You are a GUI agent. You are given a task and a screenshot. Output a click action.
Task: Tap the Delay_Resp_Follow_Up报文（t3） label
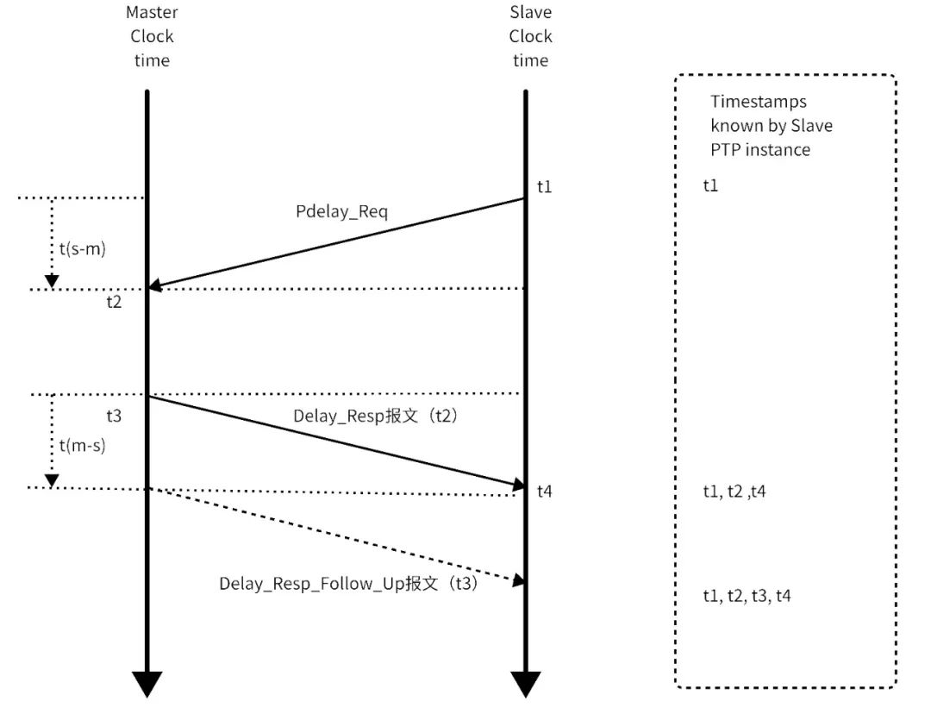(x=348, y=583)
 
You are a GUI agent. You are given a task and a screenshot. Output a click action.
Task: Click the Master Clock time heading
(x=152, y=36)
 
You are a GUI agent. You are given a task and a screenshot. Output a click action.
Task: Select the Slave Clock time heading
(x=530, y=36)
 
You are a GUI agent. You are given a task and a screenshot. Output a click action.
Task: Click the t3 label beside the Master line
(x=114, y=416)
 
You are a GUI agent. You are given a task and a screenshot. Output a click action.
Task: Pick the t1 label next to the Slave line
(x=544, y=185)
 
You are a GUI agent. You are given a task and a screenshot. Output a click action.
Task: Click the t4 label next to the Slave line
(x=544, y=492)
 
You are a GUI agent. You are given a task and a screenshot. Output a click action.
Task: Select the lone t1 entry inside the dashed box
(x=710, y=185)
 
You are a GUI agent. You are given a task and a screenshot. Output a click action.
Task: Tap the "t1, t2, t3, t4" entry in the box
(x=747, y=596)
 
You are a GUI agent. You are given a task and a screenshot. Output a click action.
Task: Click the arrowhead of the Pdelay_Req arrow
(x=156, y=285)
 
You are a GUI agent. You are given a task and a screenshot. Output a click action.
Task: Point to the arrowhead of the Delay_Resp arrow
(x=517, y=485)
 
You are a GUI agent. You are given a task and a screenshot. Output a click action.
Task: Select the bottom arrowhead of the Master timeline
(x=147, y=684)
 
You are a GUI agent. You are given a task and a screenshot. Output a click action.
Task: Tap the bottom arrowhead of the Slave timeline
(x=525, y=684)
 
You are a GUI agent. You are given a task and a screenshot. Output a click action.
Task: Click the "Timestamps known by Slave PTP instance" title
(x=771, y=126)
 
